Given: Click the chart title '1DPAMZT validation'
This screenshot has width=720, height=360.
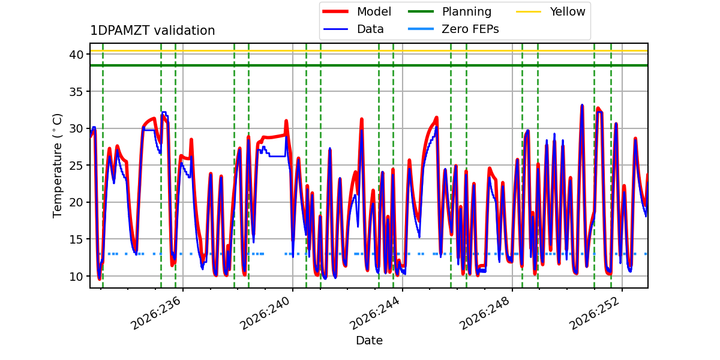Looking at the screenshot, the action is pos(152,31).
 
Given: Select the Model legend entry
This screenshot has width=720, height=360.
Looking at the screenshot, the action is pos(357,11).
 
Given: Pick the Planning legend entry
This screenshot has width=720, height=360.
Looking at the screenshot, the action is pos(449,11).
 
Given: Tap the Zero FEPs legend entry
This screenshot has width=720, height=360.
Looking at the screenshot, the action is pos(453,29).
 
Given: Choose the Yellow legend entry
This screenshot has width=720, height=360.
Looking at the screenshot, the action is pos(551,11).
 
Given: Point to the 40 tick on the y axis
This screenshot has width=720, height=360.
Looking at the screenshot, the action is pos(76,55).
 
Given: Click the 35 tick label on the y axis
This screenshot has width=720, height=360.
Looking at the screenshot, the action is pos(76,92).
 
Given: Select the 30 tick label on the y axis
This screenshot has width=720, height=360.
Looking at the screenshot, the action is pos(76,128).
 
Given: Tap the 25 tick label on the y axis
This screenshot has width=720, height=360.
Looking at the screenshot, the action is pos(76,166).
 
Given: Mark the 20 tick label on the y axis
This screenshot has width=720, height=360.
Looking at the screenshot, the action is pos(76,203).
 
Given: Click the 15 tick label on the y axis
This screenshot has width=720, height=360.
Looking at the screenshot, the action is pos(76,239).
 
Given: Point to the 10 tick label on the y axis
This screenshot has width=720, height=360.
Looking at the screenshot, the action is pos(76,277).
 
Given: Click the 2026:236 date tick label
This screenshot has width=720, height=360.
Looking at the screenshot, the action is pos(155,313).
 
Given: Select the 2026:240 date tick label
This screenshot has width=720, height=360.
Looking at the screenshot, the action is pos(265,313).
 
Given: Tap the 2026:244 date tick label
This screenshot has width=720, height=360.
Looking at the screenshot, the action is pos(375,313).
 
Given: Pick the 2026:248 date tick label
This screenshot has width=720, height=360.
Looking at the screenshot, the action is pos(485,313).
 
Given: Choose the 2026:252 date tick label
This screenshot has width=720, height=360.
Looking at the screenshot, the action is pos(595,313).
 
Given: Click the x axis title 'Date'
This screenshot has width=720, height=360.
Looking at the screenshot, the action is pos(369,340).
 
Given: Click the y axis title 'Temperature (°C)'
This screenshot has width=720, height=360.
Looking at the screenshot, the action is pos(57,166).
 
